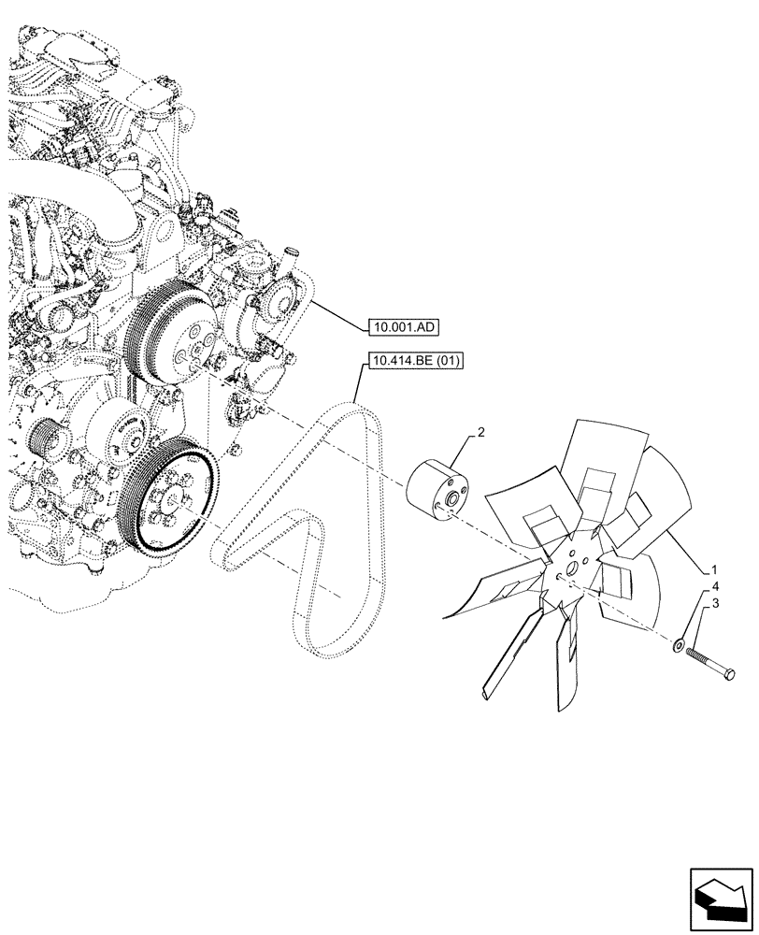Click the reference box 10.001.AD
point(403,326)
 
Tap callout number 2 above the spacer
point(480,432)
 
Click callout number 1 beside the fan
point(713,569)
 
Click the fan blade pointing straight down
point(566,669)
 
